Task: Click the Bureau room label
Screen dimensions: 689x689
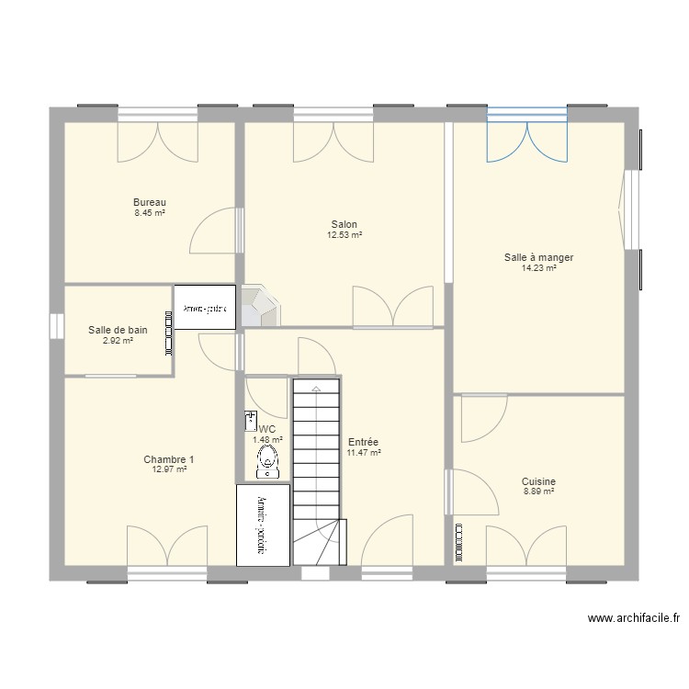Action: [149, 202]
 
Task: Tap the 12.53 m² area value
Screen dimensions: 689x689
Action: [344, 235]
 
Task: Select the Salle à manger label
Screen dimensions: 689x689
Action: [538, 258]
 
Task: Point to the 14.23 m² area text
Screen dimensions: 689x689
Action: [538, 269]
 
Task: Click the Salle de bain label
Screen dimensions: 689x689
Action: [118, 330]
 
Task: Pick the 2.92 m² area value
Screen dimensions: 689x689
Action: [118, 341]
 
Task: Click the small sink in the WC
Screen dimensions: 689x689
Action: [251, 422]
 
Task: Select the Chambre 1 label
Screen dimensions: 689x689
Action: [169, 459]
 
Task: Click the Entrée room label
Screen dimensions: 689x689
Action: [364, 442]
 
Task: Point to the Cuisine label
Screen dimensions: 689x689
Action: [538, 481]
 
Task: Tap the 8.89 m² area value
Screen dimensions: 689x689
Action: [538, 492]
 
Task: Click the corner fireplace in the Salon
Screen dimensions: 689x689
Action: [259, 307]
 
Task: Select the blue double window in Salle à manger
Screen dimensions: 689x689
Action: [527, 136]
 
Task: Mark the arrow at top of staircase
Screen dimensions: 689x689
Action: [316, 389]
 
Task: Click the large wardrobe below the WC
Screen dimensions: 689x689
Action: [264, 525]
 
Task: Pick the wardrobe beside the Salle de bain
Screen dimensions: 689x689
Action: [205, 309]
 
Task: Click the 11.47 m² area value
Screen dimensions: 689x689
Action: [364, 453]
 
